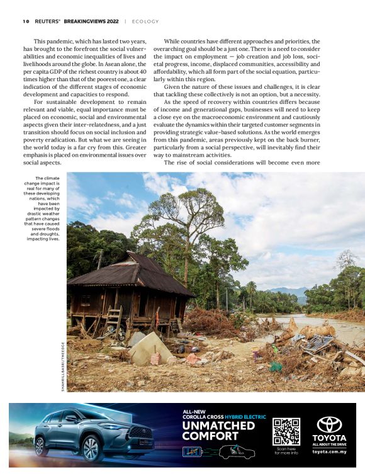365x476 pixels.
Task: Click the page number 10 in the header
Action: (x=25, y=21)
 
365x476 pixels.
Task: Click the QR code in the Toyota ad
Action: (x=286, y=431)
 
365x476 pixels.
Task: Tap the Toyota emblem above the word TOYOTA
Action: (x=329, y=424)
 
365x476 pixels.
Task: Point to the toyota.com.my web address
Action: (x=329, y=451)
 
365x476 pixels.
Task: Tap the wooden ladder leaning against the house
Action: (x=113, y=322)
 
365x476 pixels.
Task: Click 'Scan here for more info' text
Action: (x=286, y=451)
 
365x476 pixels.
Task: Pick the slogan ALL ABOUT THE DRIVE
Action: (x=329, y=445)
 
